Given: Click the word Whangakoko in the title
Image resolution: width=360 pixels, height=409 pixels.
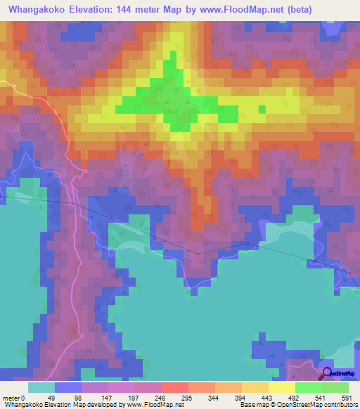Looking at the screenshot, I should (x=34, y=8).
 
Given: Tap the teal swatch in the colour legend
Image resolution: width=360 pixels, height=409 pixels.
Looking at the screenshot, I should (x=41, y=387).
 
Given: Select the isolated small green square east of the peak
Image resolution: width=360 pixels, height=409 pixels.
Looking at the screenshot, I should (x=262, y=109).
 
